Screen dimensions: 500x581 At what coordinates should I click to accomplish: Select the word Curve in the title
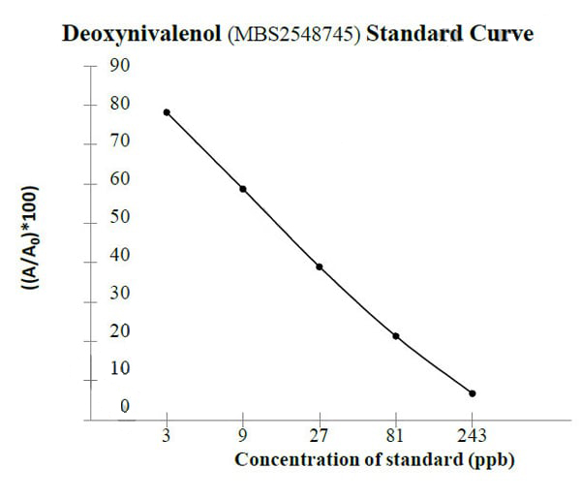point(501,35)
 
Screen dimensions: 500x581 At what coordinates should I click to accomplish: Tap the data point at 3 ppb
point(167,112)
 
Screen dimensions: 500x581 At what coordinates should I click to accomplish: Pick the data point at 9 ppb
point(243,189)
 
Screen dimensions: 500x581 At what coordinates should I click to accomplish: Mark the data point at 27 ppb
point(319,266)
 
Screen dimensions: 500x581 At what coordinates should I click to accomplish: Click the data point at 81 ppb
point(395,336)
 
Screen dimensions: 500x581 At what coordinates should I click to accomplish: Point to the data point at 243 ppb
point(472,393)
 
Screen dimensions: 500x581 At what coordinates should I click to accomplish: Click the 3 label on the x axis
point(167,435)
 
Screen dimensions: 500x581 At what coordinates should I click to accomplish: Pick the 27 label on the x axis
point(319,435)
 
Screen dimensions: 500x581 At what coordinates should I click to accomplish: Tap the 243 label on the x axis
point(472,435)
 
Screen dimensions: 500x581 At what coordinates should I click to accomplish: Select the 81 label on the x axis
point(395,435)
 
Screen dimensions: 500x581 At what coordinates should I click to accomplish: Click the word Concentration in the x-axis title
point(290,459)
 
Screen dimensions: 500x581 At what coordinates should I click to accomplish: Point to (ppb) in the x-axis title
point(490,460)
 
